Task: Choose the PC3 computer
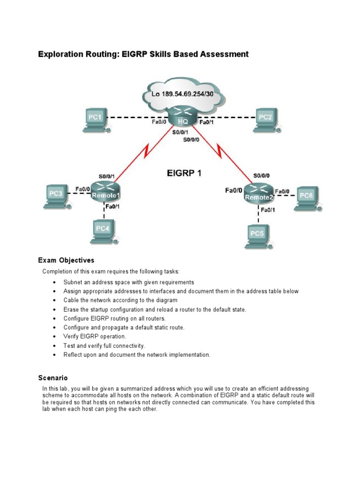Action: (x=56, y=195)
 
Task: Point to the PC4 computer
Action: (x=103, y=231)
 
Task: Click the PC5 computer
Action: (x=257, y=235)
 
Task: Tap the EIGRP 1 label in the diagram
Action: (x=184, y=173)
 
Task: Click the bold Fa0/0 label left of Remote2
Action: (x=234, y=191)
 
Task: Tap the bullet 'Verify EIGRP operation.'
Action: (x=95, y=337)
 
